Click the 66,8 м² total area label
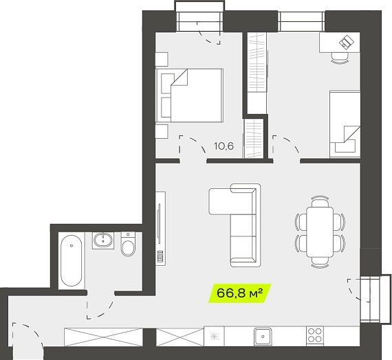pyautogui.click(x=240, y=293)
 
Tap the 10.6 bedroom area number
pyautogui.click(x=224, y=146)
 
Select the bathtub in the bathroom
pyautogui.click(x=72, y=260)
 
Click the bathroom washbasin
pyautogui.click(x=103, y=240)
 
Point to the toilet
pyautogui.click(x=128, y=244)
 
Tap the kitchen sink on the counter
pyautogui.click(x=263, y=336)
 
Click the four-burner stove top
pyautogui.click(x=315, y=335)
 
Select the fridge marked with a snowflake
pyautogui.click(x=214, y=336)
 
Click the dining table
pyautogui.click(x=320, y=232)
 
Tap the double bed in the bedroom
pyautogui.click(x=190, y=95)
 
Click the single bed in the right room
pyautogui.click(x=345, y=124)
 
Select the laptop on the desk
pyautogui.click(x=347, y=42)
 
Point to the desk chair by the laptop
pyautogui.click(x=340, y=58)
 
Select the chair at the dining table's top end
pyautogui.click(x=320, y=201)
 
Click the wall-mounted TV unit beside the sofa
pyautogui.click(x=160, y=228)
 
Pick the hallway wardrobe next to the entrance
pyautogui.click(x=103, y=337)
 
